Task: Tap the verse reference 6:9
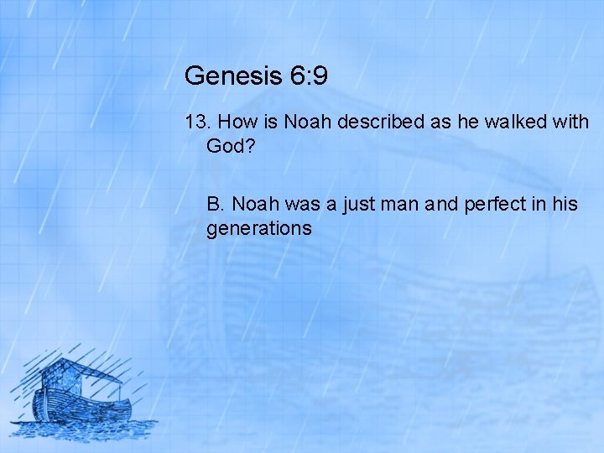(x=307, y=77)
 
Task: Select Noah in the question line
(x=307, y=122)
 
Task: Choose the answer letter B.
(x=216, y=205)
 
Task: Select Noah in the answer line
(x=256, y=205)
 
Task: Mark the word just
(x=362, y=205)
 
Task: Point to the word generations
(x=259, y=228)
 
